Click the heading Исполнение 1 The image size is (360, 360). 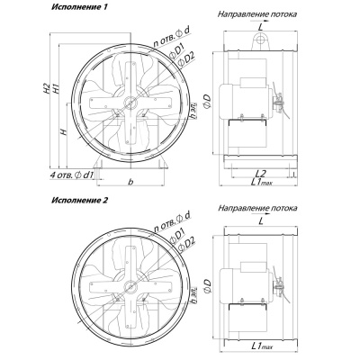(79, 7)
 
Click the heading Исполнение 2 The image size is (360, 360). (79, 200)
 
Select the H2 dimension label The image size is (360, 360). (45, 88)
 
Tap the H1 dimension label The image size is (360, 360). (55, 89)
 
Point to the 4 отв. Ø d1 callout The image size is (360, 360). (72, 175)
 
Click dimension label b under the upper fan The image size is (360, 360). (130, 182)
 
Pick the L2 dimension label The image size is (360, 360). (261, 173)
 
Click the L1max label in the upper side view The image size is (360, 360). (261, 182)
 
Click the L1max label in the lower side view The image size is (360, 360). (262, 346)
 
